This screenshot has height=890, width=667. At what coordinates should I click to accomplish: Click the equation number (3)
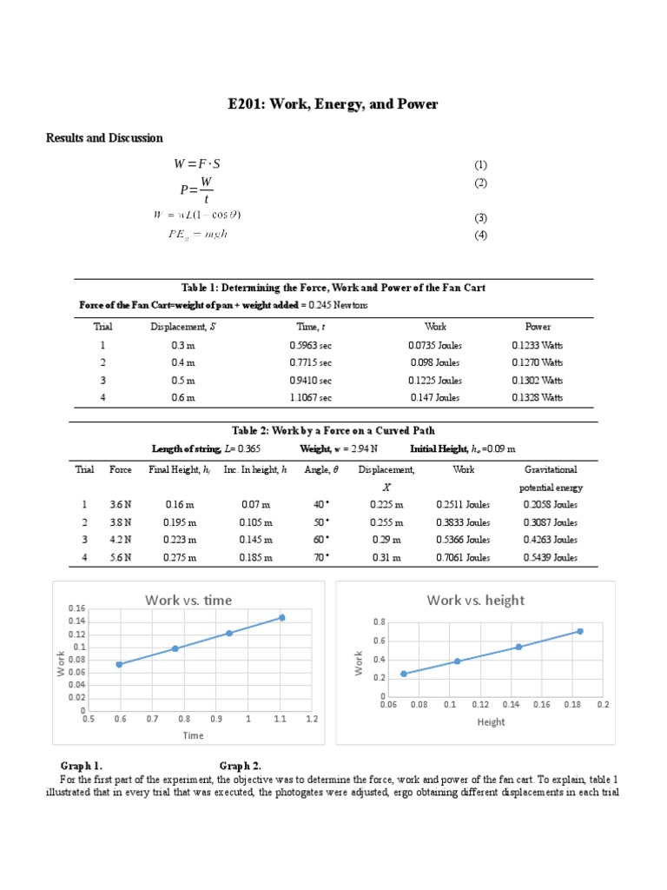pos(480,218)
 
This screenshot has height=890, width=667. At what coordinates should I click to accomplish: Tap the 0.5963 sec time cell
pos(311,345)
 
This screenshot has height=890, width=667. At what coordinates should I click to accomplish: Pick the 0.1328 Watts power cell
pos(537,397)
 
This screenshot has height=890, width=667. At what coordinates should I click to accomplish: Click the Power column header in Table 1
pos(538,327)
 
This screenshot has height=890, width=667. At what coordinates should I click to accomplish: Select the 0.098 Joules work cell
pos(434,362)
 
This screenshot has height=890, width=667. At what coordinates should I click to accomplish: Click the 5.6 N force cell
pos(120,558)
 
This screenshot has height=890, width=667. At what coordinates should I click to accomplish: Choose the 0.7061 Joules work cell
pos(463,558)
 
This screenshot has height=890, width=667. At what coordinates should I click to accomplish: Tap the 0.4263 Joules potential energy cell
pos(550,541)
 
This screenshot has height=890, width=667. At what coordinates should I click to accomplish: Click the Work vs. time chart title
pos(188,600)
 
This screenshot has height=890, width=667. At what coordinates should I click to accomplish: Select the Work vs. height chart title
pos(475,600)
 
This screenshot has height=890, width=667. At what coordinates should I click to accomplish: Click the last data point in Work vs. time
pos(281,618)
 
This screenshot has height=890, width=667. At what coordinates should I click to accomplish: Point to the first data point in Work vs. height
pos(403,674)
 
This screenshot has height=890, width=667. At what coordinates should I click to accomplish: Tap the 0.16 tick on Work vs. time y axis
pos(78,608)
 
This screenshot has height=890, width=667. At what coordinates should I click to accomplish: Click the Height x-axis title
pos(491,721)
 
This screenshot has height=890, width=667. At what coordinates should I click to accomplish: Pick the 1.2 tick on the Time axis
pos(312,720)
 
